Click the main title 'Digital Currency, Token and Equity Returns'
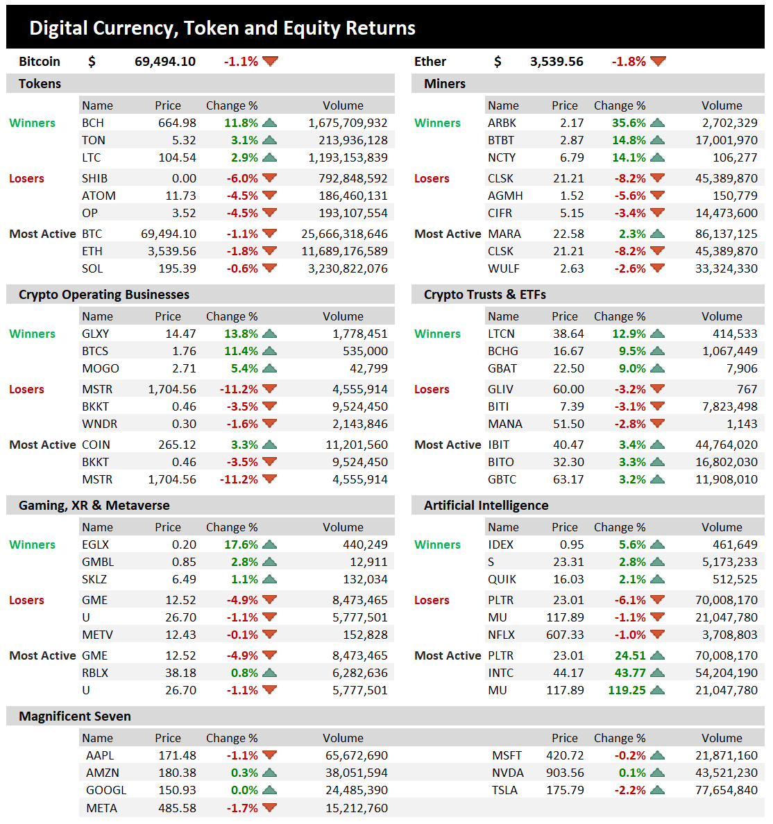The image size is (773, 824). [222, 28]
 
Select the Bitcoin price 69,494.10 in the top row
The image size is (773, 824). [165, 62]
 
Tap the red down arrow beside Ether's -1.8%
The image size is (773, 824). [658, 62]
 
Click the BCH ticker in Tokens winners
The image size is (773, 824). [93, 123]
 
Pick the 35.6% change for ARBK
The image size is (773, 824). [629, 123]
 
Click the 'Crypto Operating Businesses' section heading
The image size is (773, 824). [104, 295]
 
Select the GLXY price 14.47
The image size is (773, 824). [180, 334]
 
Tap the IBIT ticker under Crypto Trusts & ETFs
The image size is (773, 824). [498, 445]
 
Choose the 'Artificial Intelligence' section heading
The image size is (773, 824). [486, 506]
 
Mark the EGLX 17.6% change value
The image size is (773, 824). [241, 544]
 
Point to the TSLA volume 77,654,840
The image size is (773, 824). [726, 790]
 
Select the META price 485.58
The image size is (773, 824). [177, 808]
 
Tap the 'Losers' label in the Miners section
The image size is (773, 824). [432, 178]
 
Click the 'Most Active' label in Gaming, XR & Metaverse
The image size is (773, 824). [42, 655]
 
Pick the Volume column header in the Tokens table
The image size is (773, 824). [343, 105]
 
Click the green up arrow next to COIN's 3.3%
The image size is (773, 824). [270, 445]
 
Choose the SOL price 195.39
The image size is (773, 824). [177, 268]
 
